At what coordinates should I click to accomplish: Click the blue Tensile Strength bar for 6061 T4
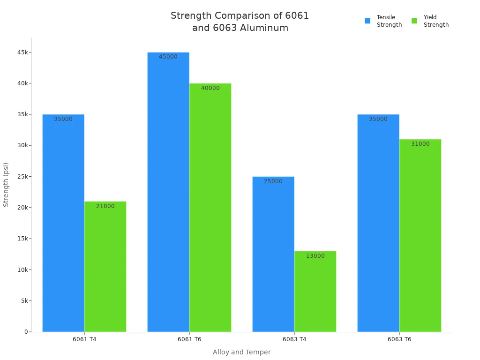(63, 223)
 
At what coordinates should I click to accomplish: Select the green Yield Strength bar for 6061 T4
(105, 266)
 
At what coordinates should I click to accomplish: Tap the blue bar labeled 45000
(168, 192)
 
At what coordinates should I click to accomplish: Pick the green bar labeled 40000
(210, 207)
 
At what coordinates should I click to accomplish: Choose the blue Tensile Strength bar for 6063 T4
(273, 254)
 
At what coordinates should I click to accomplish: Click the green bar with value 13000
(315, 291)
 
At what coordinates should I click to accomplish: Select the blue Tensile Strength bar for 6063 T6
(378, 223)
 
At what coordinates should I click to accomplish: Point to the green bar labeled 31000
(420, 235)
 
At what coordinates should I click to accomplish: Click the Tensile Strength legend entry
(384, 21)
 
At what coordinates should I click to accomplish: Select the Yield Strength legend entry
(431, 21)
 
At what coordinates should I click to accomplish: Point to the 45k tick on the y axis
(22, 52)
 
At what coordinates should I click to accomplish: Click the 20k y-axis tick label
(22, 208)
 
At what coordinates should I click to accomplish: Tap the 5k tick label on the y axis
(24, 301)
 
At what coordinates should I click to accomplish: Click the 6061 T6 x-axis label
(189, 339)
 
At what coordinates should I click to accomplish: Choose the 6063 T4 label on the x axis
(294, 339)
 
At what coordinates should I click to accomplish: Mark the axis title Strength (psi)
(6, 185)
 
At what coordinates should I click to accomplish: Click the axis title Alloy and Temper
(241, 352)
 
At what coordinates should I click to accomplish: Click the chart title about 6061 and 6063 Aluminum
(240, 22)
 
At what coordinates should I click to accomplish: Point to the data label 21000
(105, 206)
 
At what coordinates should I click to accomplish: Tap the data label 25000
(273, 181)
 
